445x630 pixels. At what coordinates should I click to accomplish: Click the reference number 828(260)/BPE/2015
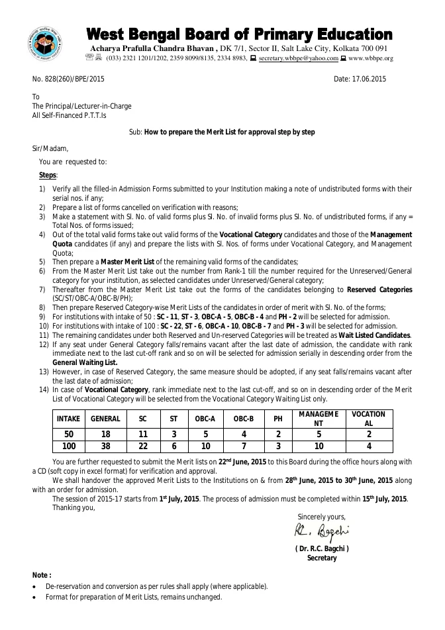click(x=74, y=79)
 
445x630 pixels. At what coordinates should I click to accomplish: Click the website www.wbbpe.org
click(x=371, y=58)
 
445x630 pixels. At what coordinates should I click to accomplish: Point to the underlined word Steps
click(x=48, y=175)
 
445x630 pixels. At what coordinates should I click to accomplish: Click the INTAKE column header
click(x=68, y=419)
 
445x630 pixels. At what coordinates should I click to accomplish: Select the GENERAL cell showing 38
click(x=105, y=446)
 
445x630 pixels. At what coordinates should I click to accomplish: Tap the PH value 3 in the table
click(x=277, y=446)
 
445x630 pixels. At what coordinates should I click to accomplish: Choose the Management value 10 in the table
click(x=319, y=446)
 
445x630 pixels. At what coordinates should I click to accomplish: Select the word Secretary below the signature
click(x=322, y=558)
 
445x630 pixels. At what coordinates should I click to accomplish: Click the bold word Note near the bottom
click(x=42, y=575)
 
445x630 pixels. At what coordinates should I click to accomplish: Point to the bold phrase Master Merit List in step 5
click(x=127, y=262)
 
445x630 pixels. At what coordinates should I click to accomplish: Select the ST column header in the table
click(x=173, y=419)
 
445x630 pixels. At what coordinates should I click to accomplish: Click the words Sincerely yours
click(x=321, y=517)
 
